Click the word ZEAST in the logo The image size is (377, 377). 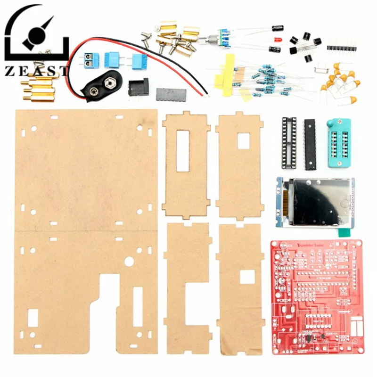(x=35, y=71)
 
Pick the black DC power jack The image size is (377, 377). (x=139, y=87)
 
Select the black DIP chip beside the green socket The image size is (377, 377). (x=309, y=144)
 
